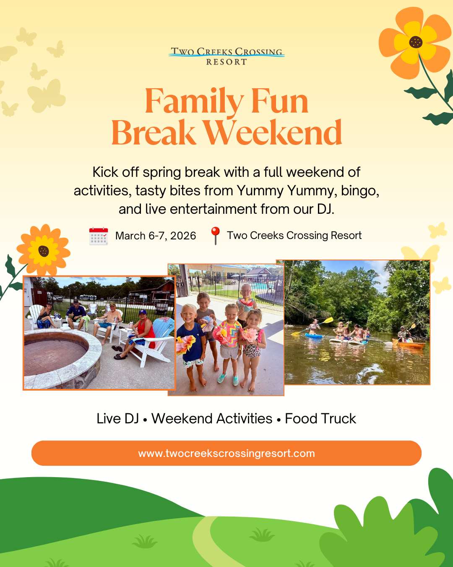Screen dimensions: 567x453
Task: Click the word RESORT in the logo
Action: point(226,62)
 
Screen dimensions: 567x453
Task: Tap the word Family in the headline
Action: point(194,102)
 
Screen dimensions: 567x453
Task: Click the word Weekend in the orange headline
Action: point(273,133)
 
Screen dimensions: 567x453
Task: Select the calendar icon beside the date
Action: point(99,236)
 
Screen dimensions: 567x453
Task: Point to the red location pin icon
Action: point(216,235)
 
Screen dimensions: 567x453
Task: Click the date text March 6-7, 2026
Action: point(156,236)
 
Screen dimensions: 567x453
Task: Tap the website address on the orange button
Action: point(226,454)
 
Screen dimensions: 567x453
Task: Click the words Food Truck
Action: point(320,419)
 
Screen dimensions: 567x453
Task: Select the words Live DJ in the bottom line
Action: point(117,419)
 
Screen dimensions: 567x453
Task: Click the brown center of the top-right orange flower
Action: point(416,42)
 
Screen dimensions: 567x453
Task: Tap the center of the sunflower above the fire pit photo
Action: point(44,251)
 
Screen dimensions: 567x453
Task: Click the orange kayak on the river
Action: point(411,345)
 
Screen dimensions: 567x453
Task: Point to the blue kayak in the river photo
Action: point(314,336)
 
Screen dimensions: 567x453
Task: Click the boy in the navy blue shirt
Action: point(191,340)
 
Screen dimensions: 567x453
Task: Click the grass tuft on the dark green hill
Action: point(145,542)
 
